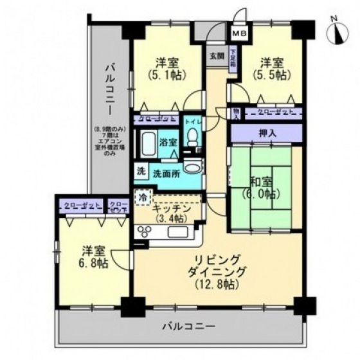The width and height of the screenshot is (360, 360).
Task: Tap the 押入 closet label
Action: click(x=265, y=134)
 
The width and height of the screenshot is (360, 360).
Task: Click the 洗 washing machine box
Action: click(x=140, y=172)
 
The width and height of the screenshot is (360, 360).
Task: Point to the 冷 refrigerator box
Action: click(x=142, y=197)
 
